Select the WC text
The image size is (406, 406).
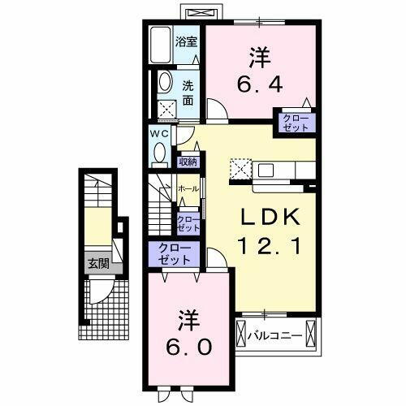(x=158, y=133)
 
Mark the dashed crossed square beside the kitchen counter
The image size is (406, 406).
(x=241, y=170)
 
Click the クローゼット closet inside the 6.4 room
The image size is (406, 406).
(x=296, y=123)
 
